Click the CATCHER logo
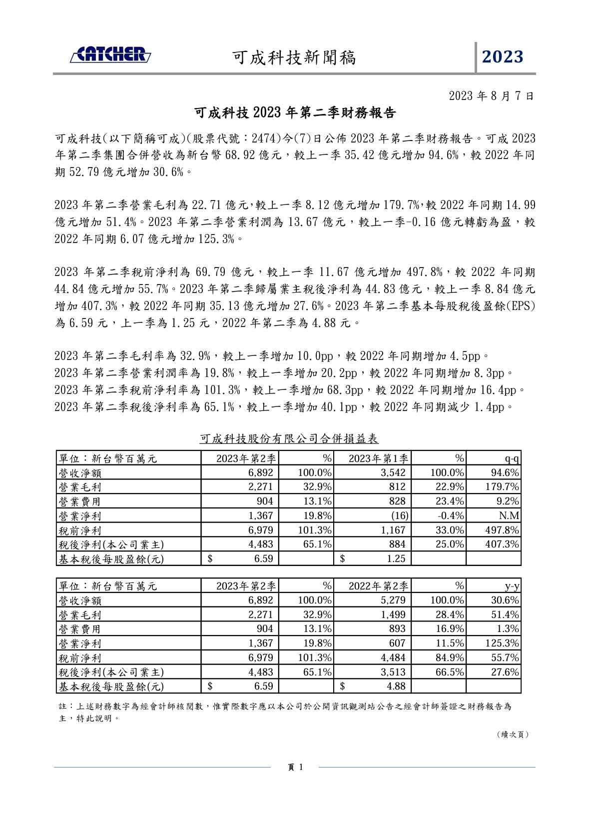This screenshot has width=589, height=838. [110, 55]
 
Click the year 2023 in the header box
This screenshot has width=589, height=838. [502, 56]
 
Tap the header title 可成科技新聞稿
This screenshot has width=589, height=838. [294, 57]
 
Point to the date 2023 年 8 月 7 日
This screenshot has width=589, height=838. [492, 95]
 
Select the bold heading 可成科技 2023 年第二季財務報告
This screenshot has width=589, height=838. [295, 113]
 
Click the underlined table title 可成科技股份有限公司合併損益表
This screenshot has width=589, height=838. [289, 438]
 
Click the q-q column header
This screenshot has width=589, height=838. [512, 458]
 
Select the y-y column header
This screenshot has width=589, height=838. [512, 586]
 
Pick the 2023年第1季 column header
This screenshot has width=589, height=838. [378, 458]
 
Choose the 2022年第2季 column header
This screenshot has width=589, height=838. [378, 586]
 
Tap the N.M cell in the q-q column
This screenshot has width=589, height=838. [509, 515]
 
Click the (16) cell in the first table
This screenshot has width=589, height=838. [399, 515]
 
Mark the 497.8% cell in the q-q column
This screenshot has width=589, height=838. [502, 530]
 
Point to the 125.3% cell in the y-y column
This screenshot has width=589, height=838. [502, 643]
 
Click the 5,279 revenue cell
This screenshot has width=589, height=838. [393, 600]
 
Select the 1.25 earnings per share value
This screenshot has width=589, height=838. [396, 558]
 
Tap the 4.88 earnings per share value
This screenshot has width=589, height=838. [396, 686]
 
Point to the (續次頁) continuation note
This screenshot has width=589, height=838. [513, 734]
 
